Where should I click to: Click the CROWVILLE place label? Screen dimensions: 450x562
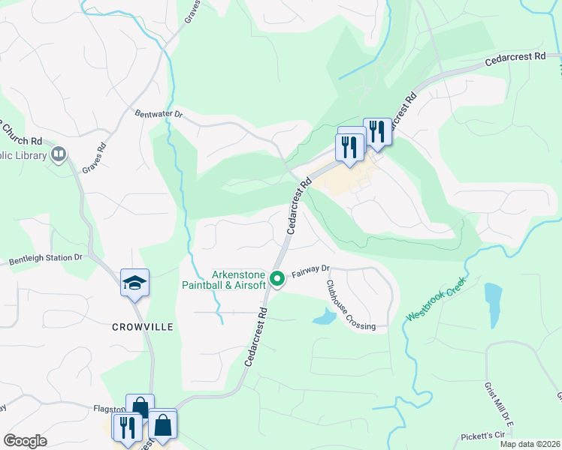coord(143,327)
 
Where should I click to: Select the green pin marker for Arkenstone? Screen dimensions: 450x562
coord(277,279)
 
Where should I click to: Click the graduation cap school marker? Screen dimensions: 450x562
coord(134,283)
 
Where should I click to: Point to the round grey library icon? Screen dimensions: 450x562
coord(59,154)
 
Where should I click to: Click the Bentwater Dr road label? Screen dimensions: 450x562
coord(159,114)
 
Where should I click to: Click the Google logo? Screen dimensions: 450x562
coord(25,441)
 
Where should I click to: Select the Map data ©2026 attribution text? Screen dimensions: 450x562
coord(529,444)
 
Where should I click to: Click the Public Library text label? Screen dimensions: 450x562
coord(23,155)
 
